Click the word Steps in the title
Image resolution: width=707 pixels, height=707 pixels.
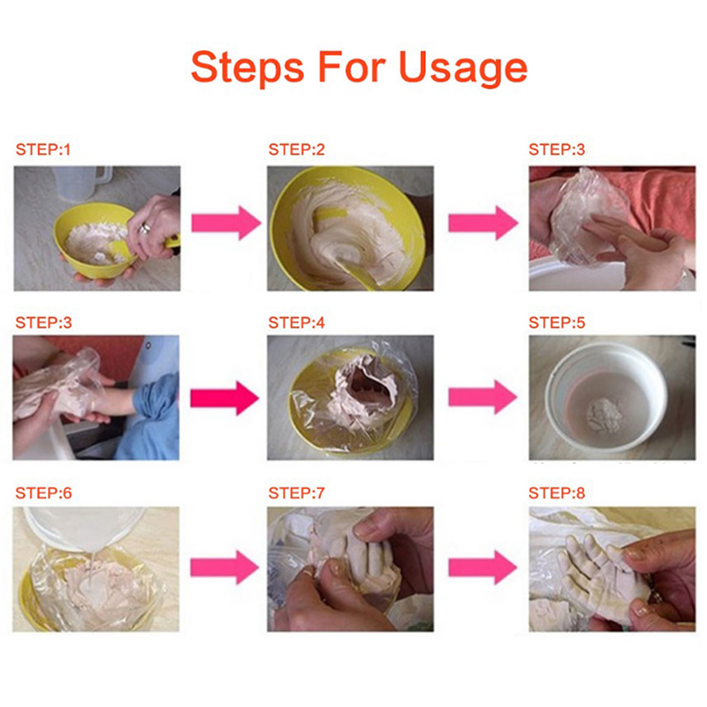click(x=247, y=67)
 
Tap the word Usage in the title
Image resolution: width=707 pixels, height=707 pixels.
click(x=463, y=69)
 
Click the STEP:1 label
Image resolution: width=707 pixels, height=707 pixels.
click(x=43, y=149)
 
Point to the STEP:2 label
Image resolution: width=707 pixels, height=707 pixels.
click(x=297, y=149)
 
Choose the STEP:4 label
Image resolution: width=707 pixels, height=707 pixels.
click(x=297, y=323)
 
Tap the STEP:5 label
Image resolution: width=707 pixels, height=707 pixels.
click(x=557, y=323)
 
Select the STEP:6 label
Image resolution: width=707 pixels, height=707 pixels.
click(x=43, y=493)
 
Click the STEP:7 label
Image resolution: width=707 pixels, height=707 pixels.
click(x=297, y=493)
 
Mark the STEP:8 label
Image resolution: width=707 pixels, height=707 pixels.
click(x=557, y=493)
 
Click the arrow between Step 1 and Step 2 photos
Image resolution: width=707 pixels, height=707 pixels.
click(x=226, y=223)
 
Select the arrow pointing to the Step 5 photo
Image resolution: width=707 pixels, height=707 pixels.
click(x=483, y=397)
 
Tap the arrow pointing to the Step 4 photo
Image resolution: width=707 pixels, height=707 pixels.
click(x=224, y=398)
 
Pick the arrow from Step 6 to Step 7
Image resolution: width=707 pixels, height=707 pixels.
click(x=224, y=567)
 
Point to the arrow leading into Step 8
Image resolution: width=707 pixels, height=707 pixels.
click(x=483, y=567)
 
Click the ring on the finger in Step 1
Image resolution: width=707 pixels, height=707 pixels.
click(x=145, y=228)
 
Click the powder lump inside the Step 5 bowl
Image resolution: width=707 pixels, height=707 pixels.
click(x=604, y=415)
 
